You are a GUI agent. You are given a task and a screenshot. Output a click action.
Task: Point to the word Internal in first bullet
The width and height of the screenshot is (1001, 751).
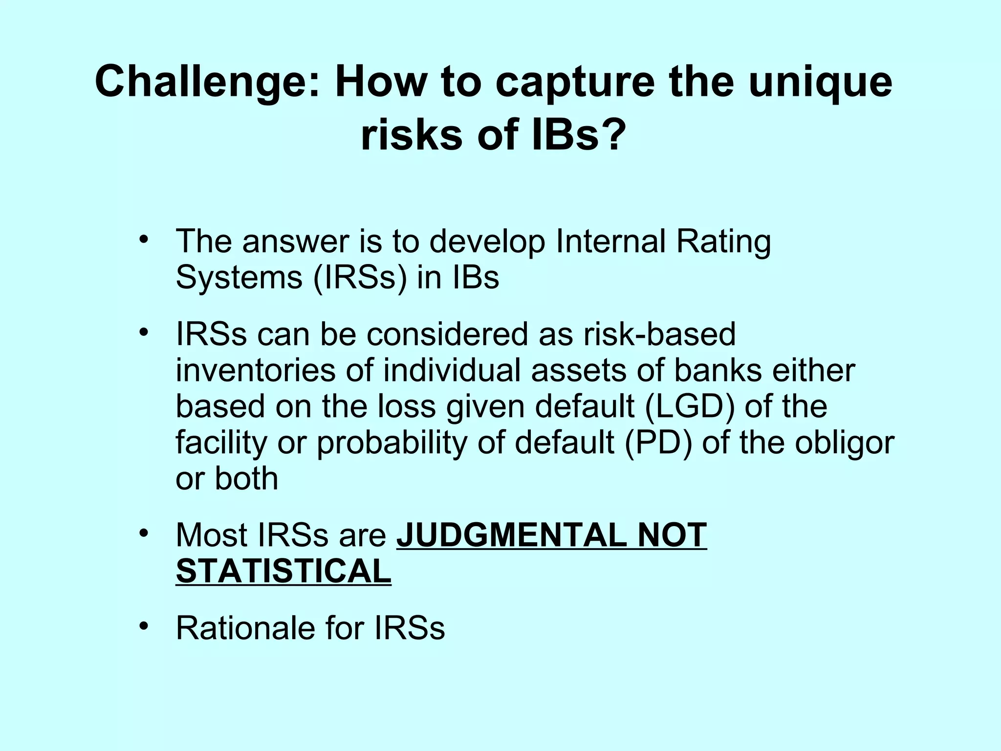pos(610,242)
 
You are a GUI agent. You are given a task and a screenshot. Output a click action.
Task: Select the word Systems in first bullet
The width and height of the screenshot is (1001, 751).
pos(239,279)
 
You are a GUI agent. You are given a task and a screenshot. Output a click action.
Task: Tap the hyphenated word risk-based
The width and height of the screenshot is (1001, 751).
pos(659,334)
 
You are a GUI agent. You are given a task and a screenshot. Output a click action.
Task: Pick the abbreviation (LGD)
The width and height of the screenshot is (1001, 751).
pos(689,407)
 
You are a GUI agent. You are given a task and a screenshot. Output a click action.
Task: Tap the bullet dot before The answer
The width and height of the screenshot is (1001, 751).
pos(143,240)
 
